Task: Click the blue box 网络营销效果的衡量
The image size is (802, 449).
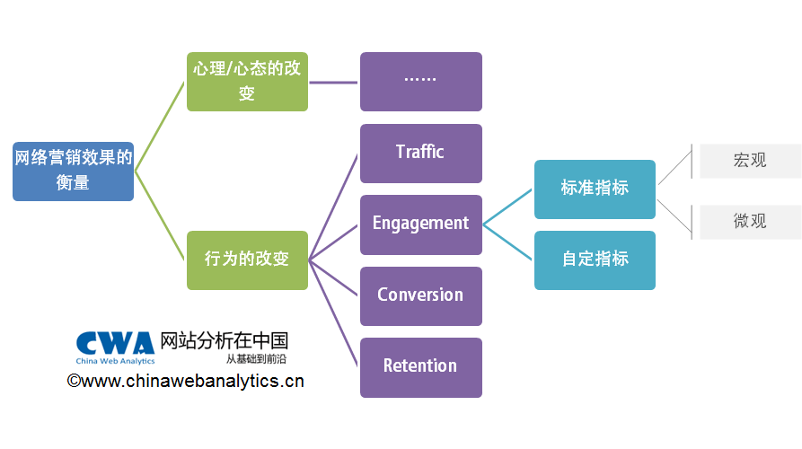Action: pyautogui.click(x=73, y=171)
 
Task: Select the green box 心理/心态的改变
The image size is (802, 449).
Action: pyautogui.click(x=247, y=82)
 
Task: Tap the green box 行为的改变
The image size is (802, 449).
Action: pyautogui.click(x=247, y=260)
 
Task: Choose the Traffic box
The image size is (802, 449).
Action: pyautogui.click(x=420, y=153)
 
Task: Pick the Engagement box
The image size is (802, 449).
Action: pyautogui.click(x=420, y=224)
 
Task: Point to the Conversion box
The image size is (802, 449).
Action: pyautogui.click(x=420, y=295)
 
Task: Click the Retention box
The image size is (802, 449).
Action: pyautogui.click(x=420, y=366)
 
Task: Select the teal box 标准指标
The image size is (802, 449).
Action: pyautogui.click(x=595, y=189)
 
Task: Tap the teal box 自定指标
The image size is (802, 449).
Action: pyautogui.click(x=595, y=260)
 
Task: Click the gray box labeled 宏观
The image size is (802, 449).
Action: pyautogui.click(x=750, y=161)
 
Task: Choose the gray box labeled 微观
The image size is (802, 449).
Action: pyautogui.click(x=750, y=221)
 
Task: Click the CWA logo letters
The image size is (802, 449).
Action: pyautogui.click(x=115, y=344)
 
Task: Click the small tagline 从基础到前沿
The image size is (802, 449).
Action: pyautogui.click(x=256, y=358)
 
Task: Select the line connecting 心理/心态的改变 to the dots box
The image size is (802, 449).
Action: pyautogui.click(x=334, y=82)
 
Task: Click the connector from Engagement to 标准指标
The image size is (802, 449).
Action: pyautogui.click(x=508, y=207)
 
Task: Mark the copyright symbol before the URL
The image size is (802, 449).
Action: pyautogui.click(x=74, y=382)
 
